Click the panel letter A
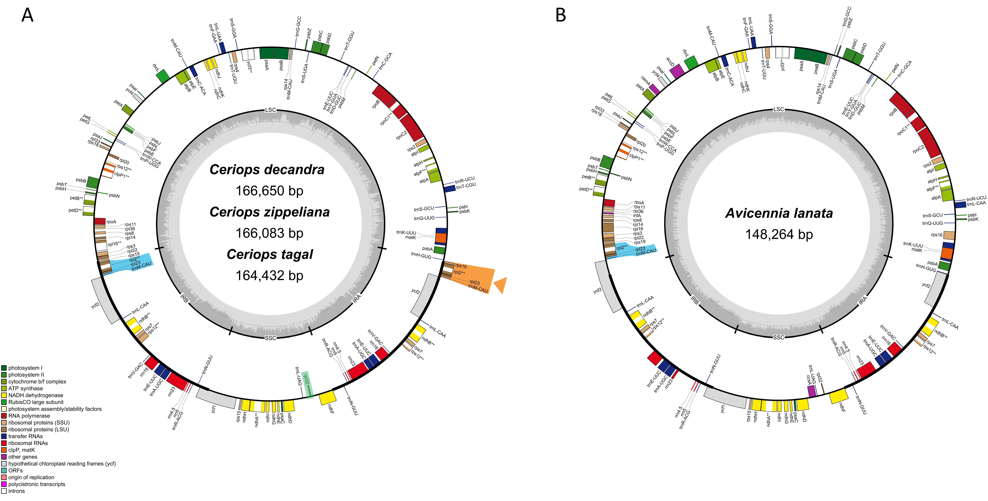27,15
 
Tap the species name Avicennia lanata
779,213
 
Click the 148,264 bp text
779,234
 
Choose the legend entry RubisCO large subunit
36,402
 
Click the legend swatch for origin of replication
4,477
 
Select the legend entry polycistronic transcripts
36,484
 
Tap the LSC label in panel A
270,110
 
